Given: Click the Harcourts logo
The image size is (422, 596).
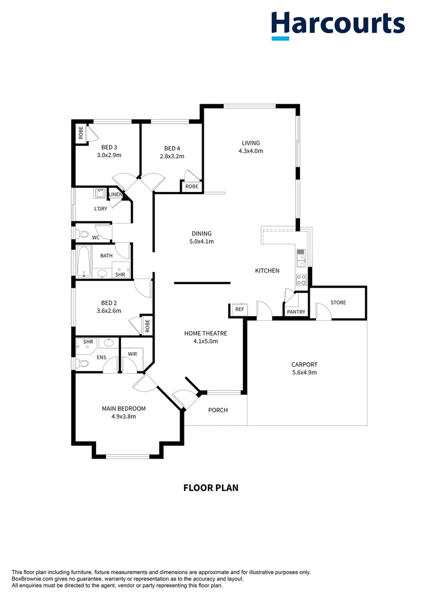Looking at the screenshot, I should pos(337,25).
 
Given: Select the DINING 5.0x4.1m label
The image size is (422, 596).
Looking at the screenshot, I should pos(202,241).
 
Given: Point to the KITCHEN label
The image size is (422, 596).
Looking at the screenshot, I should pos(267,270).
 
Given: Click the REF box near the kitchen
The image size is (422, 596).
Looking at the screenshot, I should pos(240,310).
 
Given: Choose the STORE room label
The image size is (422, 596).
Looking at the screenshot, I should pos(338,302).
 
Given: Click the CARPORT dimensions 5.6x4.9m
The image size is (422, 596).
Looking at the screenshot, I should pos(304,372).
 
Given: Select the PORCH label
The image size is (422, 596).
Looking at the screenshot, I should pos(218,410).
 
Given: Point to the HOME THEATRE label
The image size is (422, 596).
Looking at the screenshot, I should pos(205,333).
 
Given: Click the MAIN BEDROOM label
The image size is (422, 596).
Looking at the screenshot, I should pos(124,408).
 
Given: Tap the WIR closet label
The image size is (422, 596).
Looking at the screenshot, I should pos(132,353).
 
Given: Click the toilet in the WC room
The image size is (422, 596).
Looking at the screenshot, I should pos(82,234).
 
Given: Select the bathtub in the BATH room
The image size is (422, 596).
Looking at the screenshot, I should pos(83,262).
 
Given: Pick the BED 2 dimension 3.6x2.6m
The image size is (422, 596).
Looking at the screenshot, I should pos(109,310).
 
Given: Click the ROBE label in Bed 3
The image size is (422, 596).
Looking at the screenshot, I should pos(81,133).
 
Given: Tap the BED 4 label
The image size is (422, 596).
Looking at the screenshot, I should pos(172,148).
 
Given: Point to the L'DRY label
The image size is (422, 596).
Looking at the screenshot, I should pos(101,209).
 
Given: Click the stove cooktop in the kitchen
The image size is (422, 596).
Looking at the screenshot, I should pos(302,280).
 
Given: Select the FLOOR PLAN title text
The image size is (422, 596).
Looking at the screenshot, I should pos(210,488).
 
